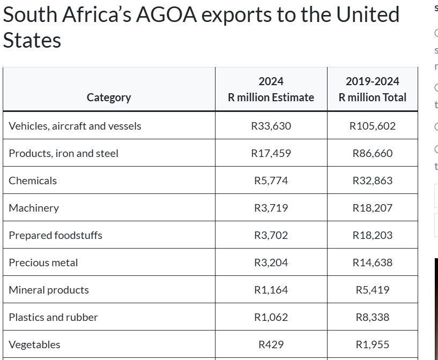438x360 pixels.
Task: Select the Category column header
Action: click(108, 97)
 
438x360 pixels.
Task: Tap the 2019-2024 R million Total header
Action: click(372, 89)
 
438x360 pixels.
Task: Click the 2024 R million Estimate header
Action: click(271, 89)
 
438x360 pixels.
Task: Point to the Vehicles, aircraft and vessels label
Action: click(75, 126)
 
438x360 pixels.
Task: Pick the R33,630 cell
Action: click(271, 126)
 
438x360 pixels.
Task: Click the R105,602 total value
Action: click(372, 126)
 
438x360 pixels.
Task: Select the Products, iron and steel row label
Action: click(63, 153)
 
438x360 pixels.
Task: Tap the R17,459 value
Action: click(271, 153)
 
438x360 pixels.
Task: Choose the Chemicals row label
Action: click(33, 181)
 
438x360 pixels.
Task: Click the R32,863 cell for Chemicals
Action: click(372, 181)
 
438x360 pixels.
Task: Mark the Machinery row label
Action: click(34, 208)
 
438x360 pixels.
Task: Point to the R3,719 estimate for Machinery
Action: click(271, 208)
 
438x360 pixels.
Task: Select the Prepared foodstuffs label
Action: click(55, 235)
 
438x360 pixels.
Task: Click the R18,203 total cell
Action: click(372, 235)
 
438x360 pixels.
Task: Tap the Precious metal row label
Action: click(43, 262)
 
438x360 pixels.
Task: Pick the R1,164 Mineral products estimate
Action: click(271, 290)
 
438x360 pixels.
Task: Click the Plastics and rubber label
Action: click(53, 317)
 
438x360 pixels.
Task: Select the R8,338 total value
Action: click(372, 317)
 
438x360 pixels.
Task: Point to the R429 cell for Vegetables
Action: click(271, 344)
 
